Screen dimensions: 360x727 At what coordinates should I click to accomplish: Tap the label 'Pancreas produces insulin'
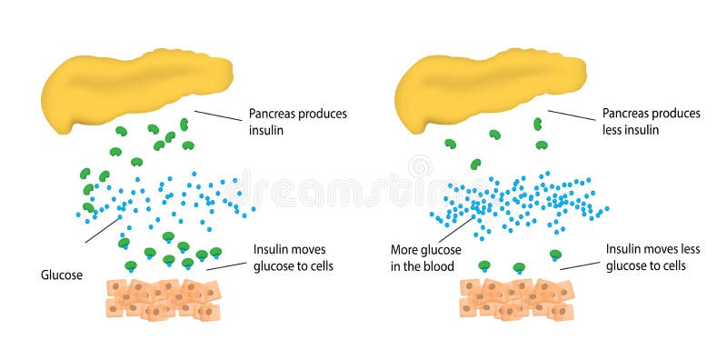pyautogui.click(x=297, y=122)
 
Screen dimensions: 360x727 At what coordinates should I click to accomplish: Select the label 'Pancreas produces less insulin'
pyautogui.click(x=651, y=122)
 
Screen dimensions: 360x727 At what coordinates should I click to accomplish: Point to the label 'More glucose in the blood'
pyautogui.click(x=425, y=257)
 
